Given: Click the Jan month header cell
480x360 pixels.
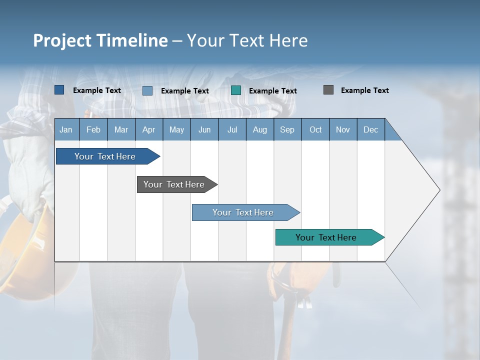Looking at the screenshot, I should coord(66,129).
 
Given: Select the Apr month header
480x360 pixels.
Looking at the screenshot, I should coord(148,129).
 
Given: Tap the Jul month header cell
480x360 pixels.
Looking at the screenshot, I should coord(232,129).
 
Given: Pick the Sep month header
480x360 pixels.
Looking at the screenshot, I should coord(287,129).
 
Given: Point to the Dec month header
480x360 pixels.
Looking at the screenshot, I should coord(370,129).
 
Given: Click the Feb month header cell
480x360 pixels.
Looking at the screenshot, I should coord(93,129).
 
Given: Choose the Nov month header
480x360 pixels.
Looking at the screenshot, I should coord(342,129).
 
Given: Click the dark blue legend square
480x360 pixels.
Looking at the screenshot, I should coord(59,90).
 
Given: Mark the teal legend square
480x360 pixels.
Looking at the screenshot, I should coord(236,90).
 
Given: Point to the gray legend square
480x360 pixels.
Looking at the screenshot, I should coord(328,90).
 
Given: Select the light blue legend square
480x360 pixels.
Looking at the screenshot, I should coord(147,90).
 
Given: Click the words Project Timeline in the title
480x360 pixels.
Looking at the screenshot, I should coord(100,40).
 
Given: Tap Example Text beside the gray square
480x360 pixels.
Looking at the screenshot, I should coord(364,90).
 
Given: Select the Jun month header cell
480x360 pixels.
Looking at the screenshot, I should coord(204,129).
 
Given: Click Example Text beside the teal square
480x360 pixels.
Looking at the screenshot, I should coord(272,91).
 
